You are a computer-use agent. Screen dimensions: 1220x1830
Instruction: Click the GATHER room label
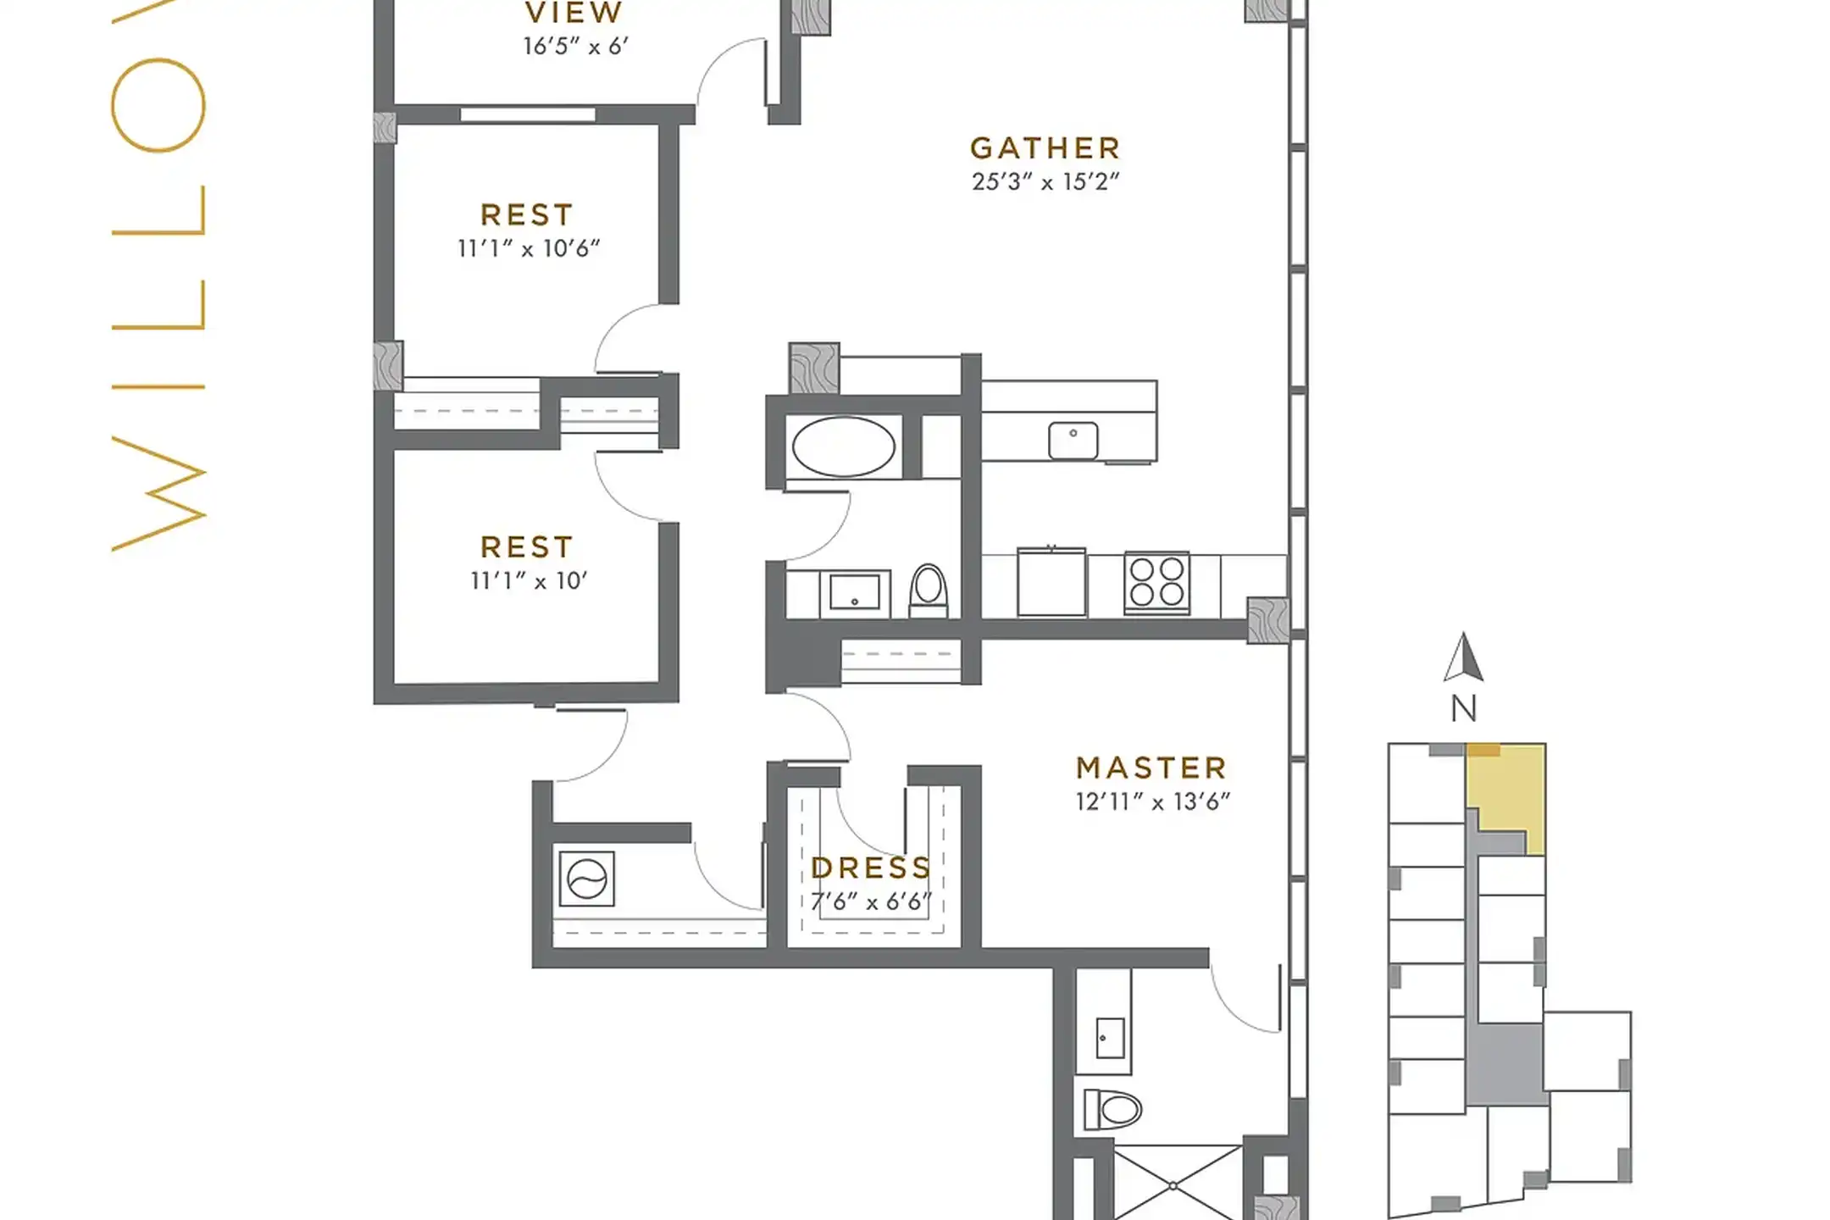(x=1045, y=148)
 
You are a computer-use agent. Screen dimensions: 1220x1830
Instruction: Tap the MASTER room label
(x=1151, y=768)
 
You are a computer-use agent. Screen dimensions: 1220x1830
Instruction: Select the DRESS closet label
(x=871, y=868)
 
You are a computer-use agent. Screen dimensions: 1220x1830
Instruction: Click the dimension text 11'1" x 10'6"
(x=529, y=248)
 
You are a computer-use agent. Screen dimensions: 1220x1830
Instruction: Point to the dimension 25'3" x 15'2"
(x=1045, y=181)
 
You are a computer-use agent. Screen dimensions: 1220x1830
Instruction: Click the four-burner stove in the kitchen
(x=1156, y=582)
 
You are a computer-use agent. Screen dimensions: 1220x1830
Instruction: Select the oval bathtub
(x=843, y=446)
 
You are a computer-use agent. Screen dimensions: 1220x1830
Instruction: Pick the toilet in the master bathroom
(x=1113, y=1109)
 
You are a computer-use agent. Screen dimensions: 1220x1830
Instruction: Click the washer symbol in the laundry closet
(x=586, y=879)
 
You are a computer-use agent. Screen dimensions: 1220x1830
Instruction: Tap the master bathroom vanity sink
(x=1109, y=1038)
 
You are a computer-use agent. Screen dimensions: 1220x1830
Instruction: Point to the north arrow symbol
(x=1463, y=658)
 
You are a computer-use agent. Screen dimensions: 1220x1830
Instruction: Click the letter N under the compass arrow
(x=1463, y=708)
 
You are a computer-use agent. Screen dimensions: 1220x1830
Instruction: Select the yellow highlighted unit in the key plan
(x=1508, y=792)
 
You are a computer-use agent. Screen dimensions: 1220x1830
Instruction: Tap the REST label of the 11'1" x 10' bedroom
(x=527, y=547)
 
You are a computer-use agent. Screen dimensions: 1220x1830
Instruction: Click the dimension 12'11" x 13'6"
(x=1152, y=801)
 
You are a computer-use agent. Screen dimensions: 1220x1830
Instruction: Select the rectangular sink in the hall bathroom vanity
(x=854, y=592)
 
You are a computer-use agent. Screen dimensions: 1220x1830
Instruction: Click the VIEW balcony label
(x=574, y=13)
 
